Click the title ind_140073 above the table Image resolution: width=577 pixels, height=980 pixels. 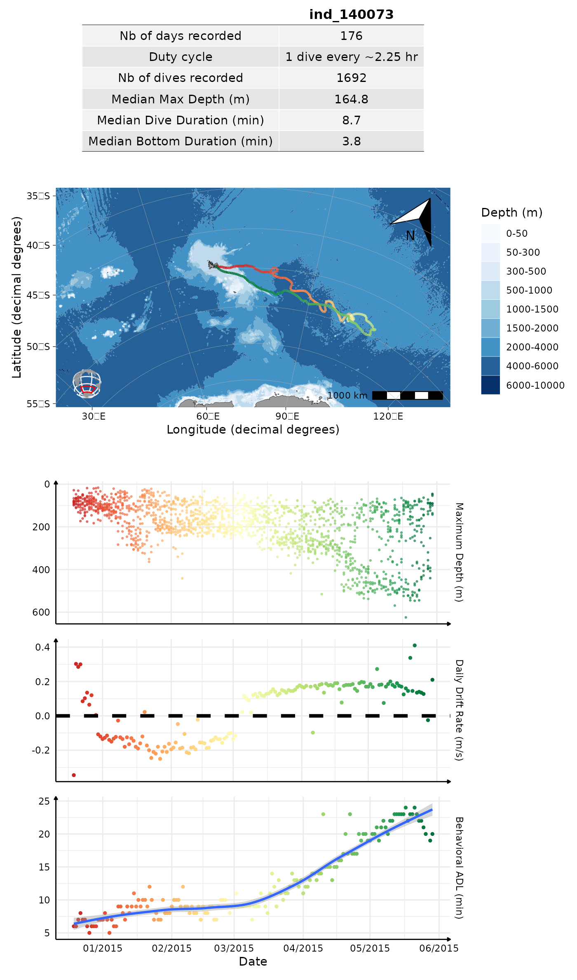351,14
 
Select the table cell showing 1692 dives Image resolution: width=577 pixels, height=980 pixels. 351,78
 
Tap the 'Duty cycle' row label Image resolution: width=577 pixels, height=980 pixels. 181,57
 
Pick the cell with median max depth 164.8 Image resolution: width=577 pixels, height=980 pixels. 351,99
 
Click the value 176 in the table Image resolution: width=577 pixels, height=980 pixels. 351,36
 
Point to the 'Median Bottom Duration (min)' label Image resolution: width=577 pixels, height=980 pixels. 181,141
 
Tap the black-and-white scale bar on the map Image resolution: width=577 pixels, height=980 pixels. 407,396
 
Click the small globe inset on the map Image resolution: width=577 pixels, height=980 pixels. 87,383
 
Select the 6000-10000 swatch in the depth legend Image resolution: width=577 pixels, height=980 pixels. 490,385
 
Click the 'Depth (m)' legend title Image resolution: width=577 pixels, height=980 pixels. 511,212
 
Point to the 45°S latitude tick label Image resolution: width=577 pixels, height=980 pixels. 38,295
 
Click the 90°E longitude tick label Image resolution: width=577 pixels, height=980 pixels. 287,416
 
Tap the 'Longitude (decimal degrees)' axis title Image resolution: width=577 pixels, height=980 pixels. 253,429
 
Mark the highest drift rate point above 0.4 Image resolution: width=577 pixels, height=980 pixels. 415,645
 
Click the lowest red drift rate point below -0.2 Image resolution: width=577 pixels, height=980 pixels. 74,775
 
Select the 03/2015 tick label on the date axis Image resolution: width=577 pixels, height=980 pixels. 234,948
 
